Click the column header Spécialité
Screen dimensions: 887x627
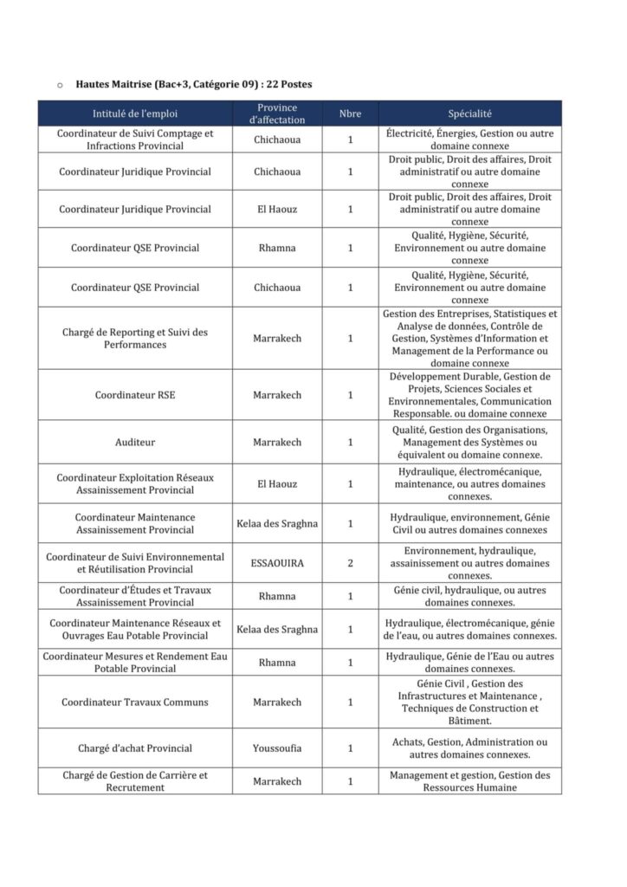pos(469,113)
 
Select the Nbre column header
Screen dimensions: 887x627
pos(350,113)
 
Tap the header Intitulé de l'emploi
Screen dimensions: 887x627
pos(134,113)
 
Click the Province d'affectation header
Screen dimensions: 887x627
pos(277,113)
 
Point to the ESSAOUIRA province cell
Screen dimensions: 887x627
pos(277,563)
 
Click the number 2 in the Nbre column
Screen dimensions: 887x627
pos(350,563)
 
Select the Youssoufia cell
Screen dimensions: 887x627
pos(277,748)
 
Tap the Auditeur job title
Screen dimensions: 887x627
pos(134,442)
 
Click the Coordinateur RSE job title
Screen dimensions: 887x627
pos(134,395)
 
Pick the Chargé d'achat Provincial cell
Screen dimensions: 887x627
pos(134,748)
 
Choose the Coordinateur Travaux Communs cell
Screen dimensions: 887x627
pos(134,702)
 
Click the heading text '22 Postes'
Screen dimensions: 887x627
pos(286,84)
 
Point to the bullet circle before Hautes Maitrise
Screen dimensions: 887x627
pos(60,85)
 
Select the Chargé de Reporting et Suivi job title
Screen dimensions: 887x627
pos(134,338)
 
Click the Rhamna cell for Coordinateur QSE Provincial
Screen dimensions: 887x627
pos(277,248)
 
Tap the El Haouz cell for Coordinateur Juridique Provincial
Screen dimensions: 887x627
pos(277,209)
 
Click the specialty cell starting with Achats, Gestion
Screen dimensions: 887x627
pos(469,748)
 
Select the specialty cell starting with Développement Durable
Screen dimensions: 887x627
pos(469,395)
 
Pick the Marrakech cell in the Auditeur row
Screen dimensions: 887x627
pos(277,442)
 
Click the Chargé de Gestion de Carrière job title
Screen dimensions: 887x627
pos(134,781)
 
